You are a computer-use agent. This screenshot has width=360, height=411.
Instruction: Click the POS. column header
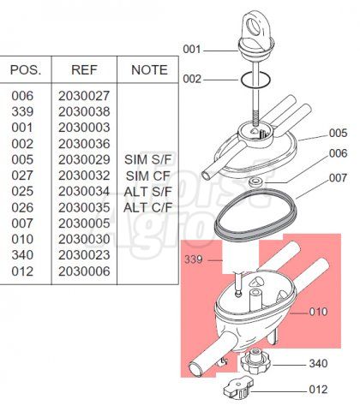coord(26,70)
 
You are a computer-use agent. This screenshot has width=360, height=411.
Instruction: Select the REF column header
coord(84,70)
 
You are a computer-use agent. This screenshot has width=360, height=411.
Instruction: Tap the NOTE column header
coord(149,70)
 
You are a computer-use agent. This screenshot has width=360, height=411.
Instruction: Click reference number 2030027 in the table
coord(84,96)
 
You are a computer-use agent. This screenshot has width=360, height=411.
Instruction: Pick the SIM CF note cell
coord(148,176)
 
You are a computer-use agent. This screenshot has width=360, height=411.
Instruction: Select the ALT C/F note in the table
coord(148,207)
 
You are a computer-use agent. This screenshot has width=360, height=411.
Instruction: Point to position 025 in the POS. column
coord(22,191)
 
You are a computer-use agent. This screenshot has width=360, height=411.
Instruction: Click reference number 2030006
coord(84,271)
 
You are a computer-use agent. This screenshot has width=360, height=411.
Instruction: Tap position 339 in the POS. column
coord(22,111)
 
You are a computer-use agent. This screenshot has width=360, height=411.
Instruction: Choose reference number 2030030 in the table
coord(84,239)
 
